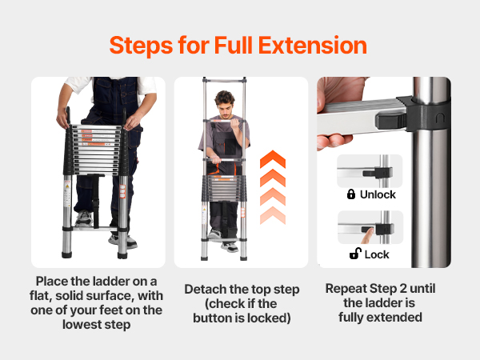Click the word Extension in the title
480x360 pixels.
[x=313, y=46]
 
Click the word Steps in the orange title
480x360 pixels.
[x=141, y=46]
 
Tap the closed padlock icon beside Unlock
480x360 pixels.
[x=351, y=194]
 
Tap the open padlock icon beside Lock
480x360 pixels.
[x=355, y=254]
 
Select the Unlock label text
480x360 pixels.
[x=378, y=194]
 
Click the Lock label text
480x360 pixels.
[x=377, y=254]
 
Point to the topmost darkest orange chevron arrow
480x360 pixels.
[x=273, y=159]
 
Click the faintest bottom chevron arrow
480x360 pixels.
[x=273, y=215]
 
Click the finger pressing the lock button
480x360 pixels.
[x=368, y=235]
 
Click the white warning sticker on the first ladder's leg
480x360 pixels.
[x=67, y=193]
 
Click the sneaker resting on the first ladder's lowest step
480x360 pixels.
[x=83, y=218]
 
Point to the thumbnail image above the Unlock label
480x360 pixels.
[x=370, y=171]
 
